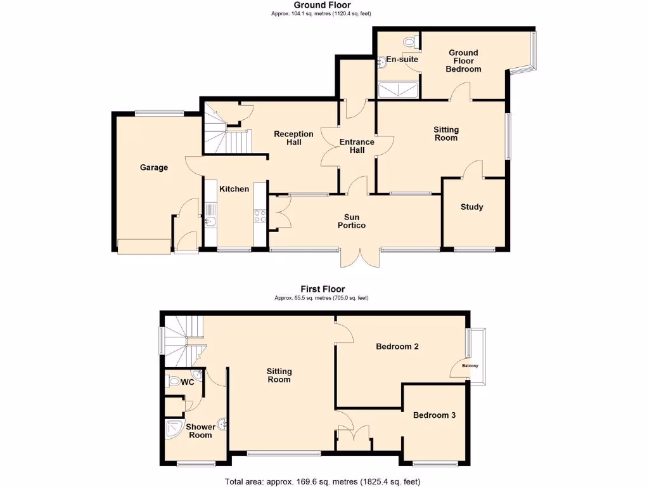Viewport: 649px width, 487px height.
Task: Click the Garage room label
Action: pos(154,167)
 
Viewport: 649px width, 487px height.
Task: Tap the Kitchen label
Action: pos(234,188)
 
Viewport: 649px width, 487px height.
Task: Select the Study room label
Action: pos(472,207)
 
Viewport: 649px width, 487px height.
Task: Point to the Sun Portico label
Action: pos(352,221)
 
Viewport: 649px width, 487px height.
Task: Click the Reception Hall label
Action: pos(293,138)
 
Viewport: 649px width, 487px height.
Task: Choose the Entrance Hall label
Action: pos(357,146)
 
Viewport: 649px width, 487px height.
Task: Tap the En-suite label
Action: pos(402,59)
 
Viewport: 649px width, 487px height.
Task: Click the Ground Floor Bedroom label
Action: pos(463,61)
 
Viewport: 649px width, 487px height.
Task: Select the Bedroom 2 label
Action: pos(397,346)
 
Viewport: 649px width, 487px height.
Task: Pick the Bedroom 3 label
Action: pos(434,415)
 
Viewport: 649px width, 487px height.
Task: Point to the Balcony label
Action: pos(470,366)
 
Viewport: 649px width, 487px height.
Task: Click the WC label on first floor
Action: pos(187,382)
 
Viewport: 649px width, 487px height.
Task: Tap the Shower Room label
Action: pos(200,431)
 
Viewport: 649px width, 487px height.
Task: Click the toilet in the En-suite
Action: pos(413,42)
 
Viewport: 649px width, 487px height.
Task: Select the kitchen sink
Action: pos(210,221)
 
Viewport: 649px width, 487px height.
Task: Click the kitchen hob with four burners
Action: pos(259,216)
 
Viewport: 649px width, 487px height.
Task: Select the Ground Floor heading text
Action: pos(326,5)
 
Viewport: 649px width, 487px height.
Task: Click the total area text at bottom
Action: pos(323,481)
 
